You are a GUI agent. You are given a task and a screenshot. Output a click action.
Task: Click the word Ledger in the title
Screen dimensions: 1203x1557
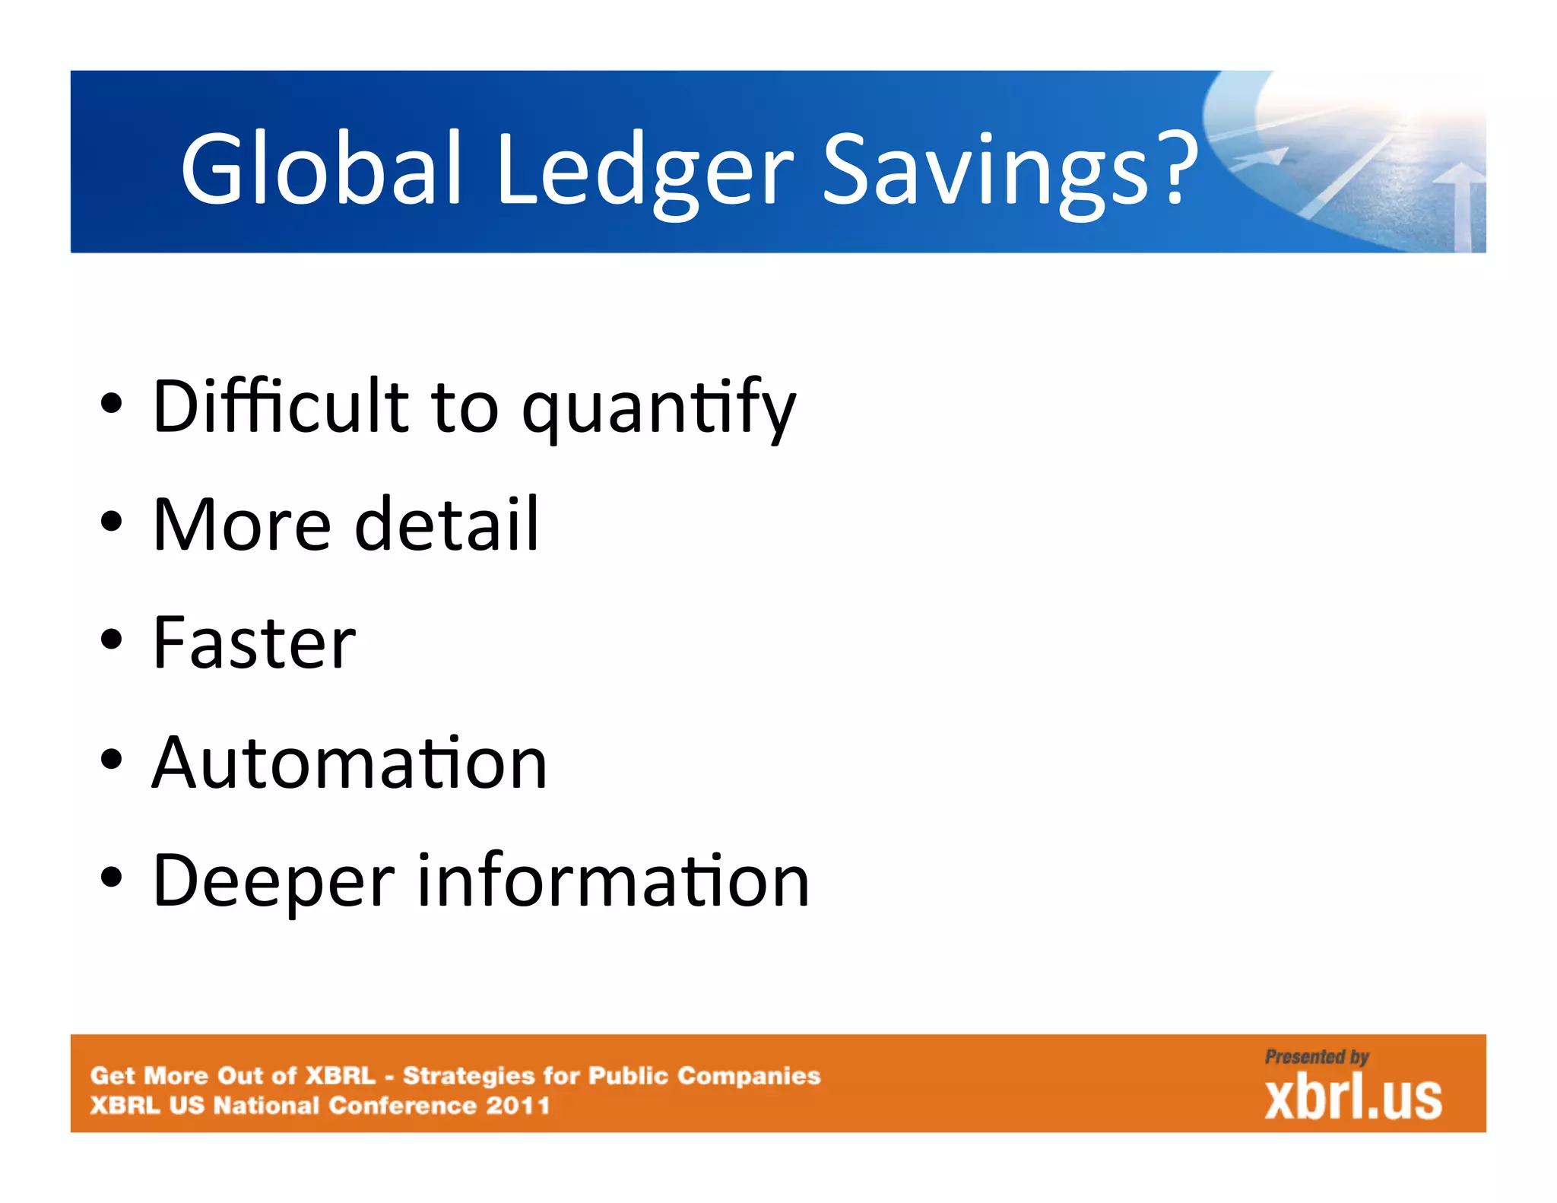tap(645, 171)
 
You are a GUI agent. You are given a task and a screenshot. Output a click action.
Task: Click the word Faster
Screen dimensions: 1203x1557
tap(254, 644)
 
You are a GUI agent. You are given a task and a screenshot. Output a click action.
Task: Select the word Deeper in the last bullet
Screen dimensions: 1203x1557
tap(274, 882)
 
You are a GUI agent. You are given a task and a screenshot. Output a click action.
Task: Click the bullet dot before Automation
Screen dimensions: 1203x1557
tap(111, 759)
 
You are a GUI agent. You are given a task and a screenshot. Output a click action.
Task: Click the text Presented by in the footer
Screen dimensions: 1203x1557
tap(1317, 1057)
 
